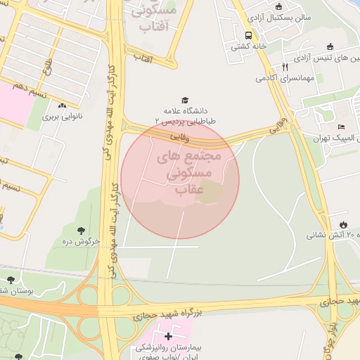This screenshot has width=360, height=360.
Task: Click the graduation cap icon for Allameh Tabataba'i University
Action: [x=185, y=101]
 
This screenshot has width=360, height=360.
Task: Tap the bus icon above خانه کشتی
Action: [x=248, y=35]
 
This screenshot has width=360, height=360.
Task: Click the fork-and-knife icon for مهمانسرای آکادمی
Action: [x=285, y=67]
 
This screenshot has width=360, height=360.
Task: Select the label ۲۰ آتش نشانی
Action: [x=330, y=235]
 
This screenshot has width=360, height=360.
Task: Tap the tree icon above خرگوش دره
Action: [x=82, y=231]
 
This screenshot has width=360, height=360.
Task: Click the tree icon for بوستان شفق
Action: [x=11, y=280]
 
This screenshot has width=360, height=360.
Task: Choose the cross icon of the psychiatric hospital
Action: [x=168, y=337]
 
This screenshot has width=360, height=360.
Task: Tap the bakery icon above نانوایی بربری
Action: [x=63, y=106]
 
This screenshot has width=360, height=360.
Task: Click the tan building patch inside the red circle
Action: [x=209, y=191]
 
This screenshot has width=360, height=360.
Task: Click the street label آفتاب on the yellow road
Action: [x=143, y=56]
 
